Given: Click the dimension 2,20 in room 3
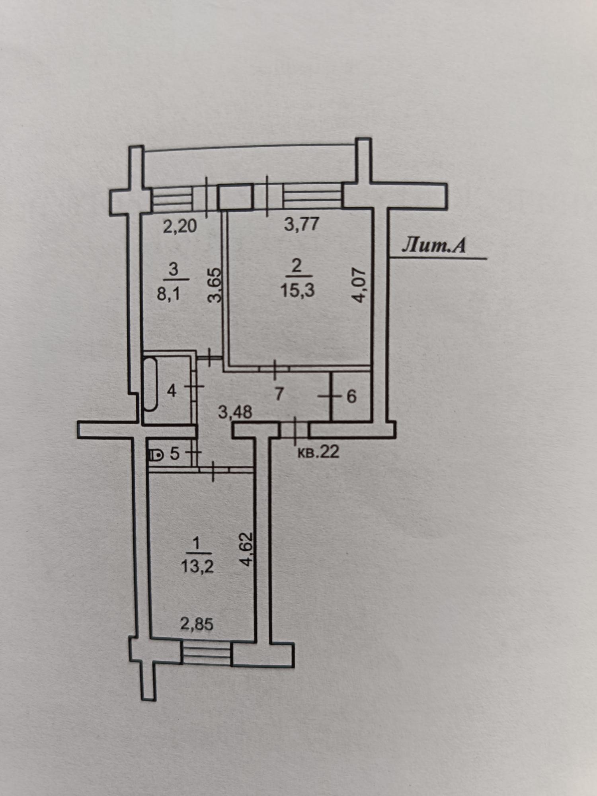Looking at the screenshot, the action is (180, 226).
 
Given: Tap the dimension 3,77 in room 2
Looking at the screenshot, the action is (301, 224).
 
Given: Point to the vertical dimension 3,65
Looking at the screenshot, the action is (215, 285).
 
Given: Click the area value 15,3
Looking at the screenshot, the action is (297, 290).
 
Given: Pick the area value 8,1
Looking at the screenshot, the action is (169, 294).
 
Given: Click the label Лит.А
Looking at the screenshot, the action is (433, 246).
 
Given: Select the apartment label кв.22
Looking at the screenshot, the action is (318, 452).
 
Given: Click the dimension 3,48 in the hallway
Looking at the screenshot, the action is (235, 412).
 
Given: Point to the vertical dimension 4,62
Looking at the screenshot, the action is (247, 549).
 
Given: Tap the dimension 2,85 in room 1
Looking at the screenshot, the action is (197, 624).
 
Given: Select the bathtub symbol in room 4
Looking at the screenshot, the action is (150, 384).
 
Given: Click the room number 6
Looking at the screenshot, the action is (351, 397).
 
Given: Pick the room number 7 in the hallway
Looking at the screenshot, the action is (279, 394).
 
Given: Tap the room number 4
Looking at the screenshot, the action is (171, 391).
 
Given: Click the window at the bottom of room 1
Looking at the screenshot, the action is (206, 654).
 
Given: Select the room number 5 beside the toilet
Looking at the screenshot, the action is (175, 454).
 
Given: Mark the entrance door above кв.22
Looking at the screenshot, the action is (295, 431).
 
